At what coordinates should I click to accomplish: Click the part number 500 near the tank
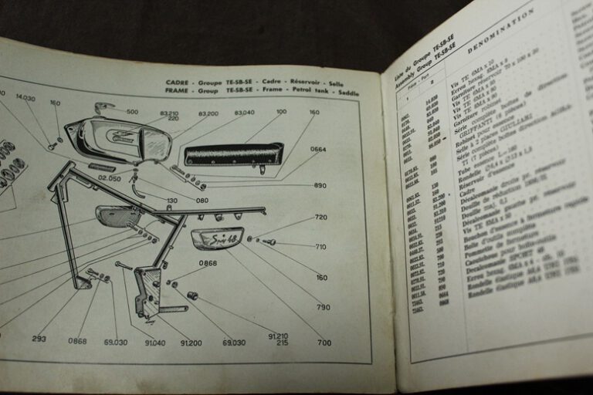(x=132, y=112)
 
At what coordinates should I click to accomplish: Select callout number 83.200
(x=208, y=113)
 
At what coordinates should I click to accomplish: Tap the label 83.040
(x=243, y=113)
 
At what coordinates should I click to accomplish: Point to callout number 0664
(x=318, y=149)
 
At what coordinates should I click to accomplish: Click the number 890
(x=320, y=185)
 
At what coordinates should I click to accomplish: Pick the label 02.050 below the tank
(x=110, y=178)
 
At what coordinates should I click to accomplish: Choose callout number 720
(x=321, y=218)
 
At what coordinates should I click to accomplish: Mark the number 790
(x=323, y=307)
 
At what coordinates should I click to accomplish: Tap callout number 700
(x=324, y=342)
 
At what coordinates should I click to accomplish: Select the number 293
(x=39, y=339)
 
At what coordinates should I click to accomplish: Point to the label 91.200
(x=190, y=342)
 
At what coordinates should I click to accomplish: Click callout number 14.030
(x=25, y=98)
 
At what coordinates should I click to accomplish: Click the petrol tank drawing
(x=116, y=140)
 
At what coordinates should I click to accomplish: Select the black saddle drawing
(x=233, y=154)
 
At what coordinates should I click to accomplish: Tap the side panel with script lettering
(x=217, y=238)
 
